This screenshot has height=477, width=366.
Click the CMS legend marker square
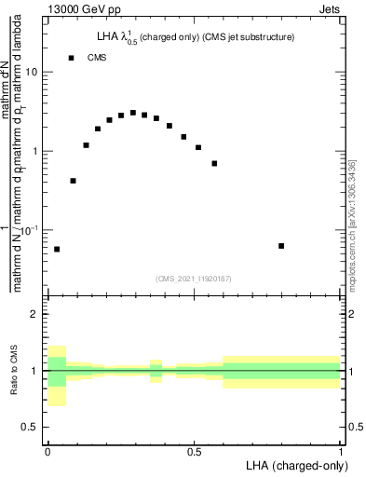[x=71, y=58]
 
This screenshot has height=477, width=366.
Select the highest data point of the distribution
[x=133, y=113]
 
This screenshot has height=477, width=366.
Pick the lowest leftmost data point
[x=57, y=249]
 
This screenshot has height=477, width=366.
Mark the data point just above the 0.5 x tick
[x=198, y=147]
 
